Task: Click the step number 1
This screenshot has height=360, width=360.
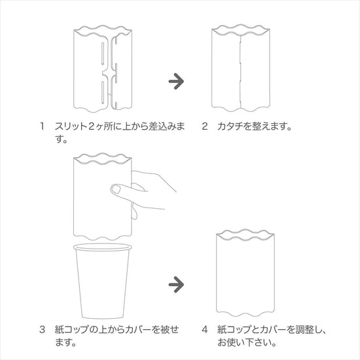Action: [42, 126]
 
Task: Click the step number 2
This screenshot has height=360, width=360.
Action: [205, 126]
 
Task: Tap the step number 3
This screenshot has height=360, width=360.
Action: [42, 330]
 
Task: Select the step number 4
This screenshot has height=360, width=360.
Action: [205, 330]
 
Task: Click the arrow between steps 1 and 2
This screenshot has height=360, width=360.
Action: [176, 81]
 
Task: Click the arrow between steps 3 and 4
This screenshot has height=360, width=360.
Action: [176, 285]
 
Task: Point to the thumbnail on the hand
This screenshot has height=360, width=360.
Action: [116, 189]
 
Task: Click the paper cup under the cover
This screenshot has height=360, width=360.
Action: [102, 281]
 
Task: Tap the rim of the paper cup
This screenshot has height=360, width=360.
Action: [102, 247]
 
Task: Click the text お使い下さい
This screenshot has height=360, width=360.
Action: [244, 343]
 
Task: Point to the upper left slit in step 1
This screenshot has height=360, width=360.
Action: [103, 53]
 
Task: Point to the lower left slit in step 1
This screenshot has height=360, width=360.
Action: [103, 91]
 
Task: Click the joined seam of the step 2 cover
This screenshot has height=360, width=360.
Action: [240, 71]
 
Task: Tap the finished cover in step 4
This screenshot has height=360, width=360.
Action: [245, 273]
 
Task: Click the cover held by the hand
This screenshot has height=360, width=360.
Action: [102, 198]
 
